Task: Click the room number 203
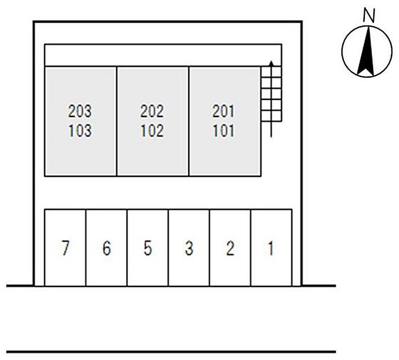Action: [80, 111]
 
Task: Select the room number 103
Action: [80, 131]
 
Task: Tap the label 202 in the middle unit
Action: [152, 111]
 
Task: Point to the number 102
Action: [152, 131]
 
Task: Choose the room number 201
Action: [223, 111]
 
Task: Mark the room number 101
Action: [223, 131]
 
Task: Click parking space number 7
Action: [66, 248]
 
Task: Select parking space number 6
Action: [107, 248]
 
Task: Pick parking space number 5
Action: [148, 248]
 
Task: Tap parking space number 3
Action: [189, 248]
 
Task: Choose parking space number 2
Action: [230, 248]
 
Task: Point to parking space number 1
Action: [271, 248]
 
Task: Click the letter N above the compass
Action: [369, 16]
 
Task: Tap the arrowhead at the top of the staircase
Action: [271, 63]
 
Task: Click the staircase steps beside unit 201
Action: [271, 94]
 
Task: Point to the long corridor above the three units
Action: [163, 55]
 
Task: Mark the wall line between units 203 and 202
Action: [117, 121]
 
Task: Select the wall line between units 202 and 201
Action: [189, 121]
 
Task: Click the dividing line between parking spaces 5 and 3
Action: [168, 248]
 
